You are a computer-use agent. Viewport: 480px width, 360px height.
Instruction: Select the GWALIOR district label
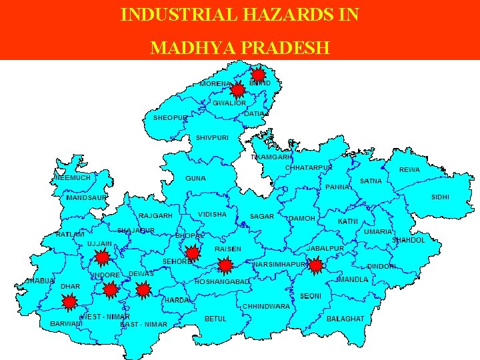229,103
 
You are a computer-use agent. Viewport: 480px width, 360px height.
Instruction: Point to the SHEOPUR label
171,118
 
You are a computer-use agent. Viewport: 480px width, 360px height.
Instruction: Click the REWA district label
409,170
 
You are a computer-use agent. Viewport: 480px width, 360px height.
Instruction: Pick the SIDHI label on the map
440,197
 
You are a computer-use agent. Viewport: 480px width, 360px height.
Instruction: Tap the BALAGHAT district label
345,319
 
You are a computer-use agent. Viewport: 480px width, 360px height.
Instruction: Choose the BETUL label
215,319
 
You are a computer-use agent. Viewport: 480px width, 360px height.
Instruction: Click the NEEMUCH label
73,178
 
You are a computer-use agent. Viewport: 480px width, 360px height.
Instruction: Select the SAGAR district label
261,217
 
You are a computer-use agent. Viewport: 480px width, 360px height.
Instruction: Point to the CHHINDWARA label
266,306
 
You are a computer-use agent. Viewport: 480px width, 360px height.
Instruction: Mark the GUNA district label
195,179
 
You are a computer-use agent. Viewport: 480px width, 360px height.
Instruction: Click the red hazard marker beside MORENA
235,90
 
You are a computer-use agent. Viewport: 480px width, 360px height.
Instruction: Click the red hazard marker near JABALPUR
315,265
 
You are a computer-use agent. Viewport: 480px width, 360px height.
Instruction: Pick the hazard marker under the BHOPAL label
192,253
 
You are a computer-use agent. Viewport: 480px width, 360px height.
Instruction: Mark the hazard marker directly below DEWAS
143,289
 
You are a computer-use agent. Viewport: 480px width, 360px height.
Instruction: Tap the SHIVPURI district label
212,138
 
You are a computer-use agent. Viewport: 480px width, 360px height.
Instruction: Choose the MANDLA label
353,280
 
